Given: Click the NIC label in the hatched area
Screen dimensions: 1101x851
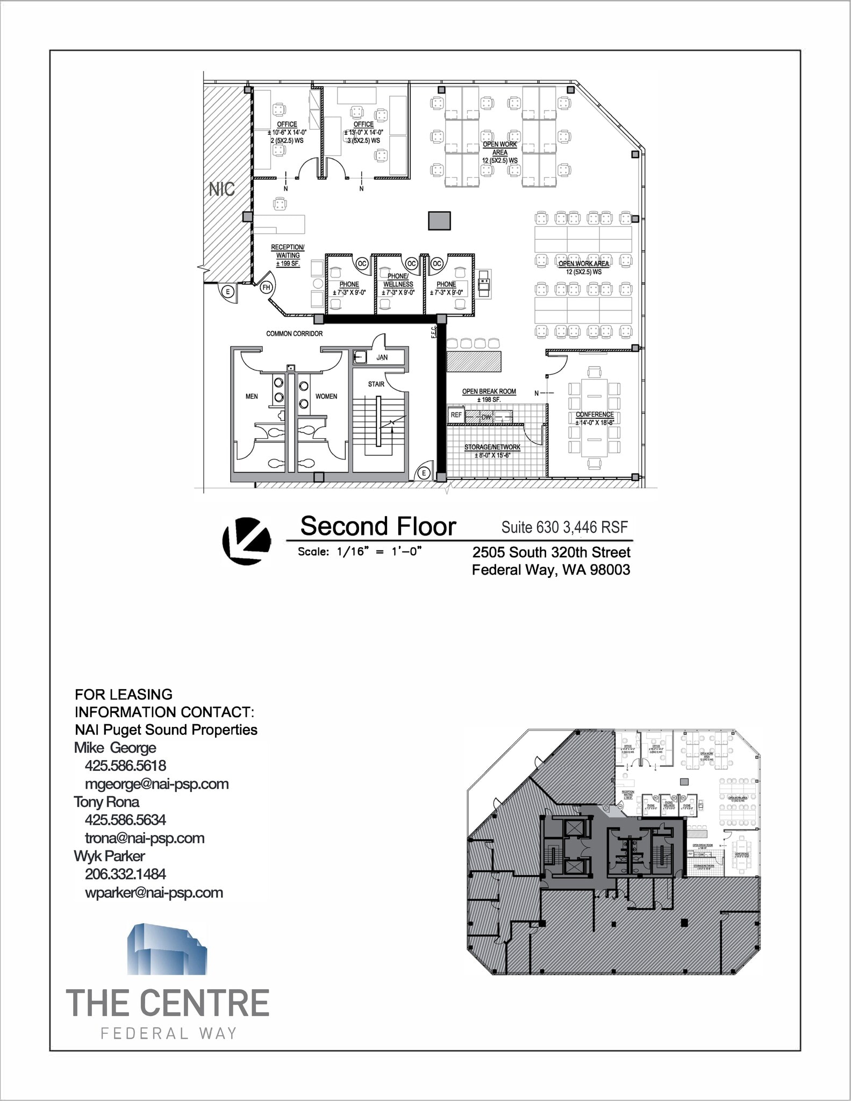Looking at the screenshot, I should [x=222, y=189].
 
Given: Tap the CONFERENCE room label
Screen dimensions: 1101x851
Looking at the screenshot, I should [x=595, y=414].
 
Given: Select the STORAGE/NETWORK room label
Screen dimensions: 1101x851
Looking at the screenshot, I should [x=492, y=447].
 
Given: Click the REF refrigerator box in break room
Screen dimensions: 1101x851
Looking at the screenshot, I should [x=456, y=415].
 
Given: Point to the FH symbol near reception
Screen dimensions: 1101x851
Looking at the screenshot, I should [x=266, y=288].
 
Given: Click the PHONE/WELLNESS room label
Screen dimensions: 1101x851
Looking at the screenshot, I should [x=398, y=280].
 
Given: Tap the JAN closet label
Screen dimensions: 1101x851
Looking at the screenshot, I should [x=382, y=358].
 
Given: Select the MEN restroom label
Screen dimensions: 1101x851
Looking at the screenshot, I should [x=252, y=397].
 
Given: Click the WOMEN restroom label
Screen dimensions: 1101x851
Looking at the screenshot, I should [x=326, y=397].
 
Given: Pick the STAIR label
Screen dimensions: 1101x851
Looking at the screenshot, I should [x=376, y=384].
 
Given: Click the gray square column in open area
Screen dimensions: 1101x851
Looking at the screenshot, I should [x=439, y=220].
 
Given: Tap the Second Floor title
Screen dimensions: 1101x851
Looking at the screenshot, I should [x=378, y=526].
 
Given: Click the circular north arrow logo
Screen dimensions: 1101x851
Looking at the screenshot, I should [x=246, y=541].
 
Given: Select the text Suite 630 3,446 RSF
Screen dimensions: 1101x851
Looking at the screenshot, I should [x=564, y=527].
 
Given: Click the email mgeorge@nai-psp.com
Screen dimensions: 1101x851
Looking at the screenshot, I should [x=157, y=784].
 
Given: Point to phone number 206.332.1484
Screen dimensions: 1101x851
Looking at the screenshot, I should [x=125, y=874].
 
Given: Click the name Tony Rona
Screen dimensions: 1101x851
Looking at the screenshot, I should [x=106, y=802].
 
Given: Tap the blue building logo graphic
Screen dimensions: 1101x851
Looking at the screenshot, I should [x=167, y=949].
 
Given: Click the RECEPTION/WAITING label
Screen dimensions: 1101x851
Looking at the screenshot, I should [x=288, y=255].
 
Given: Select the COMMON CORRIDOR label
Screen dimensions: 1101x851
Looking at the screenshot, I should [x=295, y=334].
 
